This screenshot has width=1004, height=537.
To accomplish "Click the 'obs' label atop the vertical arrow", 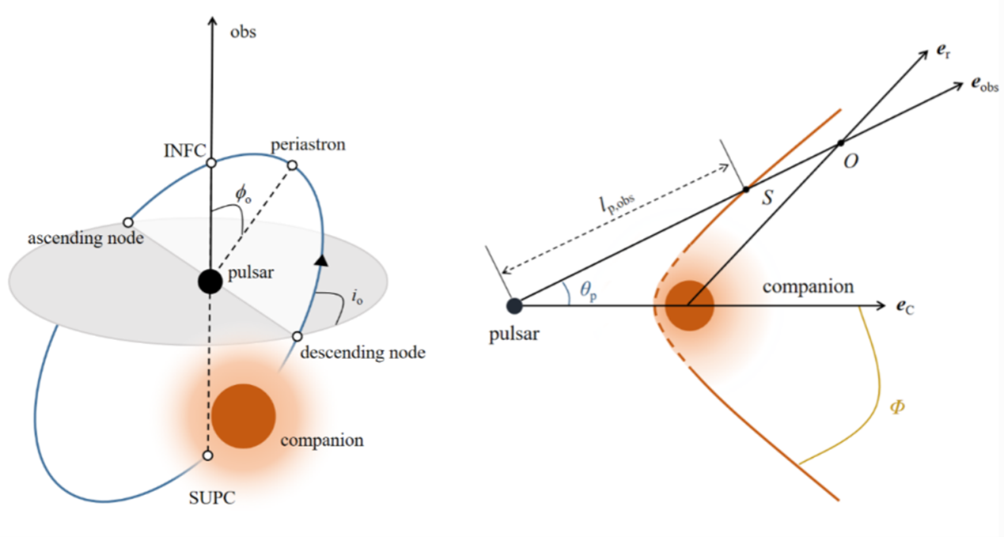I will coord(243,33).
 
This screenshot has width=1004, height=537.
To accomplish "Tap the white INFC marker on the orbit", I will coord(211,163).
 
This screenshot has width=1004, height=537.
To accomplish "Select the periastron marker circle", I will coord(292,165).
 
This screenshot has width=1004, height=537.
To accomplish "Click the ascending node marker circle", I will coord(127,222).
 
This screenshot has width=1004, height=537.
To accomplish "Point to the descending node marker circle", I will coord(297,337).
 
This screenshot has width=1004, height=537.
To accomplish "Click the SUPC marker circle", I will coord(208,456).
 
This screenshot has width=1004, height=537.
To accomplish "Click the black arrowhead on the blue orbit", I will coord(320,261).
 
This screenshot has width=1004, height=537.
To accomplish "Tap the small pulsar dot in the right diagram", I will coord(514,305).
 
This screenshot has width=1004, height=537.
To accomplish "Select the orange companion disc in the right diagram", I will coord(689,305).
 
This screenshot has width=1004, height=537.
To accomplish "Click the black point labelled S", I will coord(744,190).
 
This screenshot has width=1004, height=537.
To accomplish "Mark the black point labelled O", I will coord(840,143).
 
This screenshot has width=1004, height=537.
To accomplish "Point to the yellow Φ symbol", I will coord(898,409).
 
